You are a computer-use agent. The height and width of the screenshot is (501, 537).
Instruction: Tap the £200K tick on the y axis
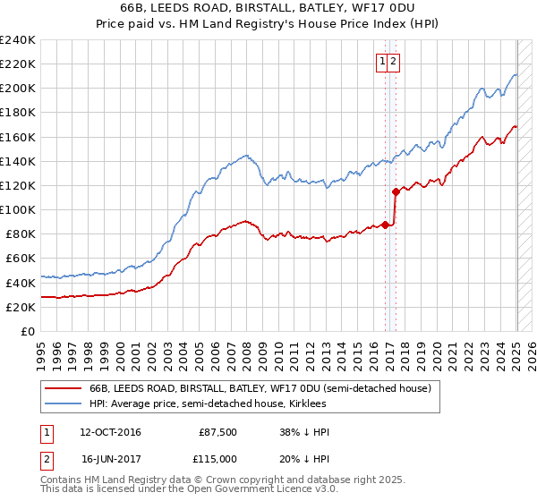[x=18, y=89]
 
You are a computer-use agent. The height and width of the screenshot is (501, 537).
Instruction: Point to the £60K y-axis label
[x=21, y=259]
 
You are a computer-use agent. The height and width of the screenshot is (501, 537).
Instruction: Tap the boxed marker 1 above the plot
[x=382, y=61]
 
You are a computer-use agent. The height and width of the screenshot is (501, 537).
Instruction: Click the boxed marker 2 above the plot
[x=394, y=61]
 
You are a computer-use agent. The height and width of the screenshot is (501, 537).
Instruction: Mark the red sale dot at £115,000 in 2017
[x=396, y=191]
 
